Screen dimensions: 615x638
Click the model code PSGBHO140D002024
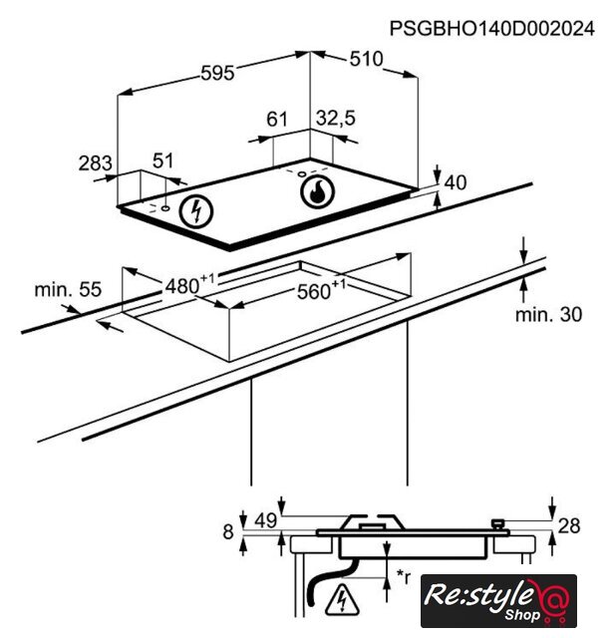(492, 29)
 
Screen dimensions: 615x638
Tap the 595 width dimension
(217, 73)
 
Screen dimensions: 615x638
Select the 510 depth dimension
(367, 59)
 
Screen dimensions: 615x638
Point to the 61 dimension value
(277, 120)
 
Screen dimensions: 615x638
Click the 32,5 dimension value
(336, 119)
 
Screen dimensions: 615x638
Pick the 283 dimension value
(95, 163)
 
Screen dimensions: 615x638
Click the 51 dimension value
(163, 160)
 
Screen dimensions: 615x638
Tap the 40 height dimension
(456, 182)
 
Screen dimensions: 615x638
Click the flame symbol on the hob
(318, 191)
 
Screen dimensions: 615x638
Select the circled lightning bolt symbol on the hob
(197, 211)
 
